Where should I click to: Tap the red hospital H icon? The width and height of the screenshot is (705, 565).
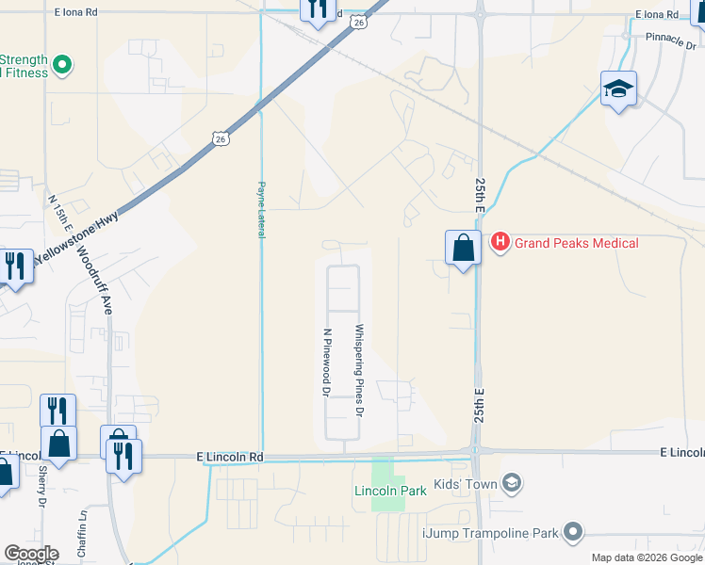(x=500, y=243)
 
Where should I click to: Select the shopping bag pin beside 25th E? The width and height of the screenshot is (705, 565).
(x=463, y=250)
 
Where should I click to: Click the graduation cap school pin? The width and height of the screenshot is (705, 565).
(x=618, y=90)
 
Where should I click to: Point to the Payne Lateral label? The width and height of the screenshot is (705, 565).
(x=261, y=209)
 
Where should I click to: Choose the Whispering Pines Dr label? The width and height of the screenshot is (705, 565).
(x=358, y=371)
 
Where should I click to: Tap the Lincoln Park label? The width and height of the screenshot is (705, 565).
(x=390, y=491)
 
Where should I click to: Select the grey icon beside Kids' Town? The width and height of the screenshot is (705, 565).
(x=512, y=484)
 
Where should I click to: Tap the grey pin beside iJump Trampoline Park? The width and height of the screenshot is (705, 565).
(x=571, y=532)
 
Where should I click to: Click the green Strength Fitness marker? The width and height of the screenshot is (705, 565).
(x=62, y=65)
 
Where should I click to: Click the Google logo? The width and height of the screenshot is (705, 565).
(x=31, y=554)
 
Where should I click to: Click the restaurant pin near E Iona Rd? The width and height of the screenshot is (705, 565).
(x=317, y=9)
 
